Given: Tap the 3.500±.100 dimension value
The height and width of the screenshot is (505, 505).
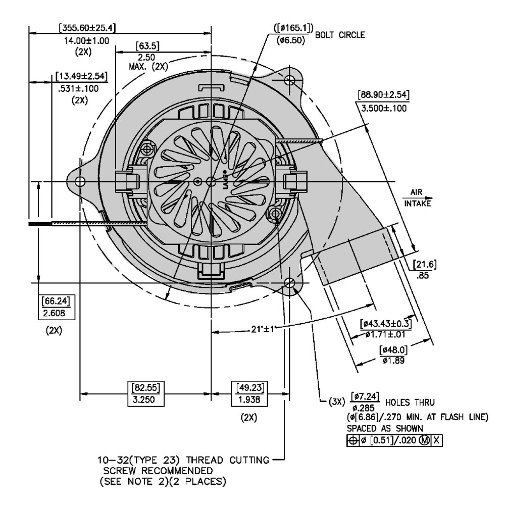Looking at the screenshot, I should coord(383,108).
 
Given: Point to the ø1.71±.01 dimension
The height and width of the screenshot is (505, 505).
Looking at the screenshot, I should coord(386,334).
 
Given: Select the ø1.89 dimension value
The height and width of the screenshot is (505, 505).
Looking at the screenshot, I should coord(394,361).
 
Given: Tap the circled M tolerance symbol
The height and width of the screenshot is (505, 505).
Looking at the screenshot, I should coord(424,440).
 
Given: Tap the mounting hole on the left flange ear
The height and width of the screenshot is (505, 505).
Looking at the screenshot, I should coord(80,181).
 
